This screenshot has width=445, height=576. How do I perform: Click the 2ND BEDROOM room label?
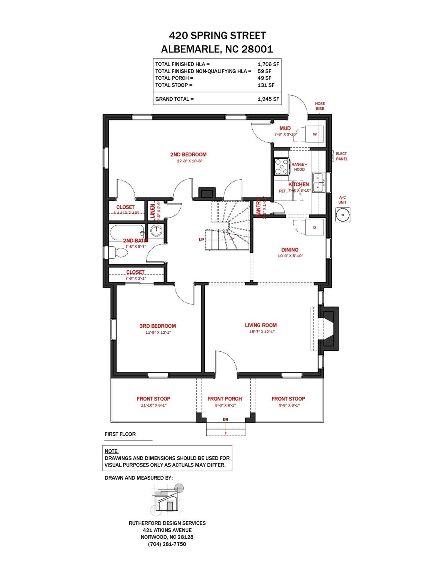point(188,154)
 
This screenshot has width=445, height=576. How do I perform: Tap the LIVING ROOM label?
point(261,325)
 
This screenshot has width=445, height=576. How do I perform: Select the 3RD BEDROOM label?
point(157,326)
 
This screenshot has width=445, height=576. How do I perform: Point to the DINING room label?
point(290,250)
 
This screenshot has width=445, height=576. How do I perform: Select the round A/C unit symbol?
point(342,215)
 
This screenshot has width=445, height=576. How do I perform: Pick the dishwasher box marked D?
point(315,227)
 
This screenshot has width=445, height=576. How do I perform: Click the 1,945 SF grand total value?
point(268,99)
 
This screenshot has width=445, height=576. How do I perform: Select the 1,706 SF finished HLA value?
point(268,64)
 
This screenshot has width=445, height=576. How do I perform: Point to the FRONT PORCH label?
point(225,399)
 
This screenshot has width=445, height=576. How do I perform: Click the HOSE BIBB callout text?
point(320,106)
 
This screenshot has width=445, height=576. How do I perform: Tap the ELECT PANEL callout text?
point(342,156)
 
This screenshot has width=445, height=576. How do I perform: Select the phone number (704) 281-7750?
point(167,544)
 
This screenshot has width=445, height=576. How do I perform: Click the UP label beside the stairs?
point(201,240)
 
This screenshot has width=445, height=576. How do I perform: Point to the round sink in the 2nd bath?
point(156,230)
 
